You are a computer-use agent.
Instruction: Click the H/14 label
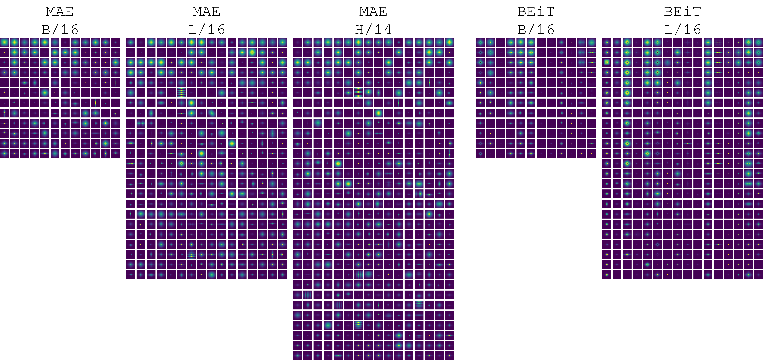point(373,30)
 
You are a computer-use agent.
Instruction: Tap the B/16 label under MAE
point(60,30)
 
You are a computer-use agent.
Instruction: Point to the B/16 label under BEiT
point(536,30)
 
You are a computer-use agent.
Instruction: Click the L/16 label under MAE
point(206,30)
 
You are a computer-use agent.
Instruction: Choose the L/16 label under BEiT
point(682,30)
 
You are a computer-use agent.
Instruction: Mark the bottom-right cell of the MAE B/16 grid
point(116,153)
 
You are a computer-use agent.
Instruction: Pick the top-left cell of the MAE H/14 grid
point(298,42)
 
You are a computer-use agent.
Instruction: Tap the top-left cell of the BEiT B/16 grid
point(480,42)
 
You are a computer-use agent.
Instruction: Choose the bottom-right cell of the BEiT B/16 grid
point(591,153)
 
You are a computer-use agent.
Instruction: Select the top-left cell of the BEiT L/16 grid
point(607,42)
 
